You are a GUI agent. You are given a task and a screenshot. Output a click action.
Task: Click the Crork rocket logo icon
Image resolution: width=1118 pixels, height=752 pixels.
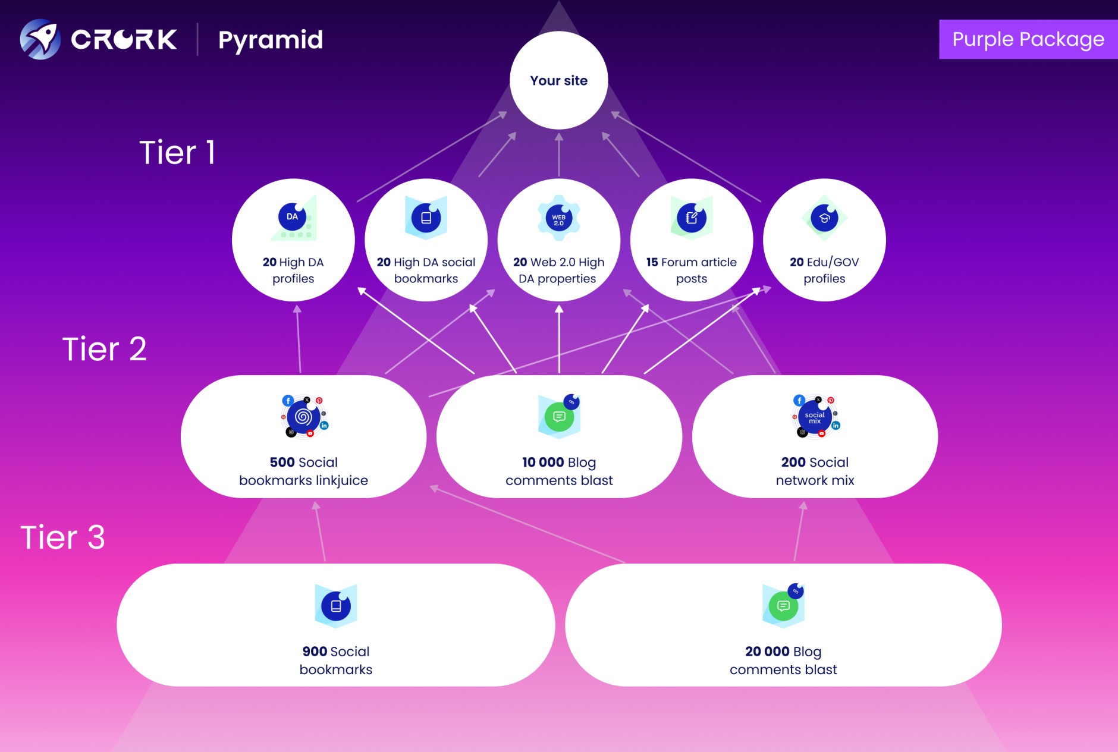tap(40, 39)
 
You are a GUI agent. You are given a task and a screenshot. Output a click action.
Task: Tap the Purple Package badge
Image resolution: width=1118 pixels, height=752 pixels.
tap(1028, 39)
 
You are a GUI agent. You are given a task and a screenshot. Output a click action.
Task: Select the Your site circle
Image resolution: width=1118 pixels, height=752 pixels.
tap(558, 80)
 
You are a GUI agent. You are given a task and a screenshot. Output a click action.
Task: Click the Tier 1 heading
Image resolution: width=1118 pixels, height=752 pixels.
tap(177, 152)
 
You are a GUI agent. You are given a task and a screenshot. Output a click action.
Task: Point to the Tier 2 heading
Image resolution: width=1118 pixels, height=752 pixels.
tap(104, 348)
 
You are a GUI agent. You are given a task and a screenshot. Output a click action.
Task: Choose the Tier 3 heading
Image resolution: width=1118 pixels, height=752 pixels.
tap(62, 537)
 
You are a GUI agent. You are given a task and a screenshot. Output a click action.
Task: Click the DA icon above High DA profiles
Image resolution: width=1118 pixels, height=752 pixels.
tap(293, 217)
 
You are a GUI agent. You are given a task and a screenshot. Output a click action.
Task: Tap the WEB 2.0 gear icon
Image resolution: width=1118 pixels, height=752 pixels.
tap(558, 219)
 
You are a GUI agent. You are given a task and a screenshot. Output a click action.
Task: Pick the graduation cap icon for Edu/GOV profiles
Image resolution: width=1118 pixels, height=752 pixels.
tap(824, 218)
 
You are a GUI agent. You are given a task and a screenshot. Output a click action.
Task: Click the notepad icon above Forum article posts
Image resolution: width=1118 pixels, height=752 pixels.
tap(691, 218)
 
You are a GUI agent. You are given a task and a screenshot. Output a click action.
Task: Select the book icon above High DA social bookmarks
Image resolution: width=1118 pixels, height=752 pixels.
tap(426, 218)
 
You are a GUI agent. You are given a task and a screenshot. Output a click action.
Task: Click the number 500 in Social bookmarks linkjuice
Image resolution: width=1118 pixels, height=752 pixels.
tap(282, 462)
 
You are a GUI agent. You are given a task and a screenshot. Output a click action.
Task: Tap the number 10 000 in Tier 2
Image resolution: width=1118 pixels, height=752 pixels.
tap(542, 462)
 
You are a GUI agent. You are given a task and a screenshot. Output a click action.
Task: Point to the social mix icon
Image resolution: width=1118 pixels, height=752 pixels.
tap(815, 417)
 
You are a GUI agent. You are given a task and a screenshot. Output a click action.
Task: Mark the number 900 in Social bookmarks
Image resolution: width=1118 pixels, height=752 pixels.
tap(315, 652)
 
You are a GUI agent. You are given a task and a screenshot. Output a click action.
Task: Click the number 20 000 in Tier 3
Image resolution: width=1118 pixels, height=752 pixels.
tap(767, 652)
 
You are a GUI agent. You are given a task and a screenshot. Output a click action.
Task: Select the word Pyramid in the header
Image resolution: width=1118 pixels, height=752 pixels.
tap(271, 40)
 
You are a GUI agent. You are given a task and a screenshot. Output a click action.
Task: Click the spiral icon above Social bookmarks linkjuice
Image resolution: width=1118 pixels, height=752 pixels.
tap(303, 417)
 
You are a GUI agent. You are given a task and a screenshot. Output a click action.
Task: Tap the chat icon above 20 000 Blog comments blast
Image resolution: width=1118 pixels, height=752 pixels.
tap(783, 606)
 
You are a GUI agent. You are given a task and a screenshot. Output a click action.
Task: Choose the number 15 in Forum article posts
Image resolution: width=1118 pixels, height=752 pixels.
tap(652, 262)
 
